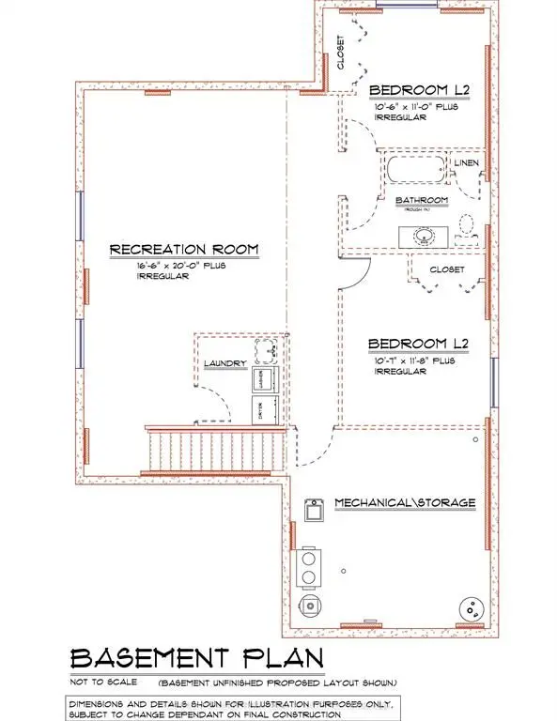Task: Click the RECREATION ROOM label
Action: (183, 250)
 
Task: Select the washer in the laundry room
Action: (262, 380)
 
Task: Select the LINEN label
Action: (467, 164)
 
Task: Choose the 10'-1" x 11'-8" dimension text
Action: (414, 360)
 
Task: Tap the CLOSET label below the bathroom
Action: (447, 268)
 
